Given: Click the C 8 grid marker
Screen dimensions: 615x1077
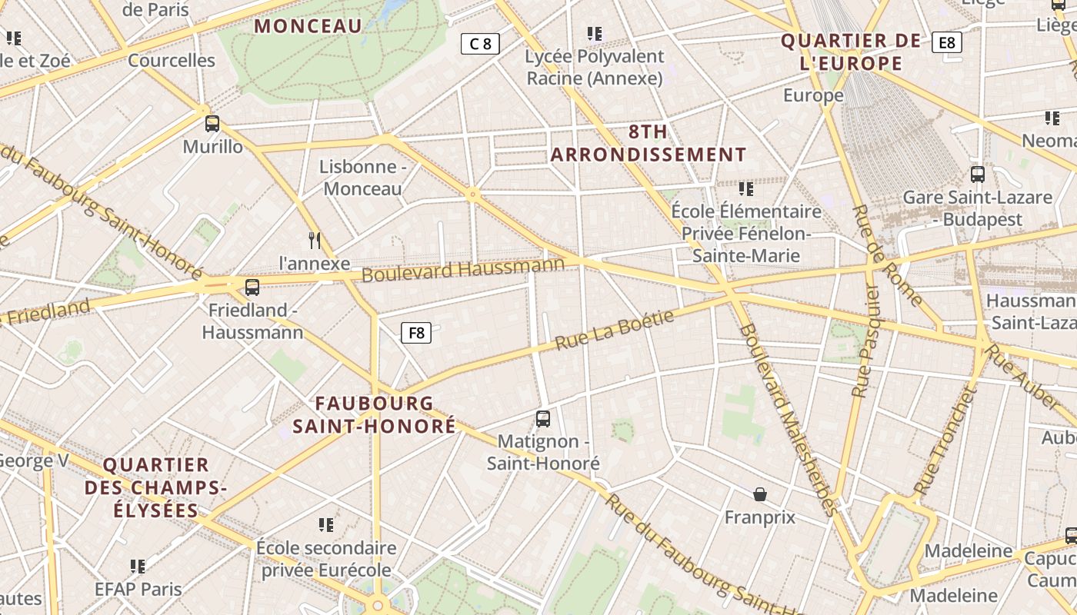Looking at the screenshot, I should pyautogui.click(x=480, y=44).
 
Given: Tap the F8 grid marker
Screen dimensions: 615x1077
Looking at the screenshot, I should pyautogui.click(x=416, y=333).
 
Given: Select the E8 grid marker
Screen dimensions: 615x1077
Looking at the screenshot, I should pyautogui.click(x=946, y=42).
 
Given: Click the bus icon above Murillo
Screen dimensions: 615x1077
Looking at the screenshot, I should pyautogui.click(x=212, y=123).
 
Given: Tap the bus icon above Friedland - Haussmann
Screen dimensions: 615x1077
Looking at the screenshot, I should pyautogui.click(x=252, y=288).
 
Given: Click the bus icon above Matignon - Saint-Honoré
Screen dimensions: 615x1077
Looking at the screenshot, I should pyautogui.click(x=543, y=419).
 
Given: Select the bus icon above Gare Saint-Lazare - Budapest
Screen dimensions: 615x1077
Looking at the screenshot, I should pyautogui.click(x=977, y=175).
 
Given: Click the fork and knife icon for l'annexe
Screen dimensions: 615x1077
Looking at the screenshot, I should pyautogui.click(x=315, y=241).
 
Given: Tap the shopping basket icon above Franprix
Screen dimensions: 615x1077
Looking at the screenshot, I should pyautogui.click(x=760, y=494).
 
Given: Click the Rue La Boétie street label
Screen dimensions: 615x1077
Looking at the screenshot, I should pyautogui.click(x=614, y=331).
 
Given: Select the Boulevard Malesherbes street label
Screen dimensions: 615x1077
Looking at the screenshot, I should pyautogui.click(x=786, y=419).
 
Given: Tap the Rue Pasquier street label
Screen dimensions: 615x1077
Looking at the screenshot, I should pyautogui.click(x=865, y=339).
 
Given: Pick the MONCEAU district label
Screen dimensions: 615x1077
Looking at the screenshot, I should pyautogui.click(x=308, y=26).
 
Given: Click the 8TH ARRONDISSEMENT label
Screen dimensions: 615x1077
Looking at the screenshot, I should pyautogui.click(x=649, y=143).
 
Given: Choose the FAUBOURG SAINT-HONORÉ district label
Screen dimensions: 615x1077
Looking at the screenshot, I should pyautogui.click(x=375, y=414).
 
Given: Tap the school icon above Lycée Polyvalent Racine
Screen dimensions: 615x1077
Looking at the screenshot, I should pyautogui.click(x=595, y=34).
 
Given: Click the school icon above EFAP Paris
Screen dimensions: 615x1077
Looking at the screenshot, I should pyautogui.click(x=138, y=567).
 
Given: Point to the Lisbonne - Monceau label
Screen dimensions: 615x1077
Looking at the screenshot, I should pyautogui.click(x=362, y=178).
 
